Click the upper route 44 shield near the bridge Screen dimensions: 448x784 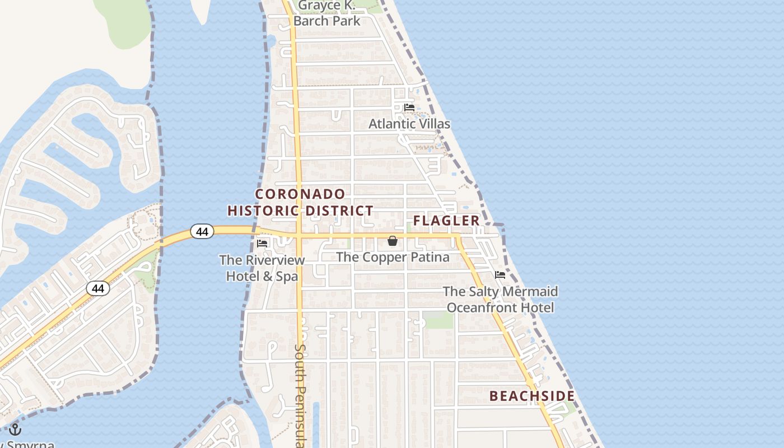pos(202,231)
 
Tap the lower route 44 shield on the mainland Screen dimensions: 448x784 pos(97,288)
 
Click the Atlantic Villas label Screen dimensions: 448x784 pos(409,124)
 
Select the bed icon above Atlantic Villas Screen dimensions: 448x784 pos(409,108)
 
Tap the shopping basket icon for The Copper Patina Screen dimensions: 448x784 pos(393,241)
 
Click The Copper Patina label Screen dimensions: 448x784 pos(393,257)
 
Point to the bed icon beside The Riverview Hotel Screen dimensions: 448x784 pos(262,243)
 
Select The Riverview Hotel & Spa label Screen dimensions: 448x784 pos(262,268)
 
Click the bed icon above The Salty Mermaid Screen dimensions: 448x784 pos(500,275)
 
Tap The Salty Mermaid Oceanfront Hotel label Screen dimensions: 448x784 pos(500,299)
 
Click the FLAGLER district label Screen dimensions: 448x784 pos(446,221)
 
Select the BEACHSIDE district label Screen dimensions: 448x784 pos(532,396)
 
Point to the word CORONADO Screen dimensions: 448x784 pos(301,194)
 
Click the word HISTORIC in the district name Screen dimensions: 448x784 pos(263,211)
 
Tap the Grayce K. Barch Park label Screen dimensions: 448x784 pos(327,13)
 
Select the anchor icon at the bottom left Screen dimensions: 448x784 pos(15,430)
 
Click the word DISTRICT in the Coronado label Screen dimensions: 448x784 pos(339,211)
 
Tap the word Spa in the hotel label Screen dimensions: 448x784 pos(286,276)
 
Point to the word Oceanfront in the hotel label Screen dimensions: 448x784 pos(483,307)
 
